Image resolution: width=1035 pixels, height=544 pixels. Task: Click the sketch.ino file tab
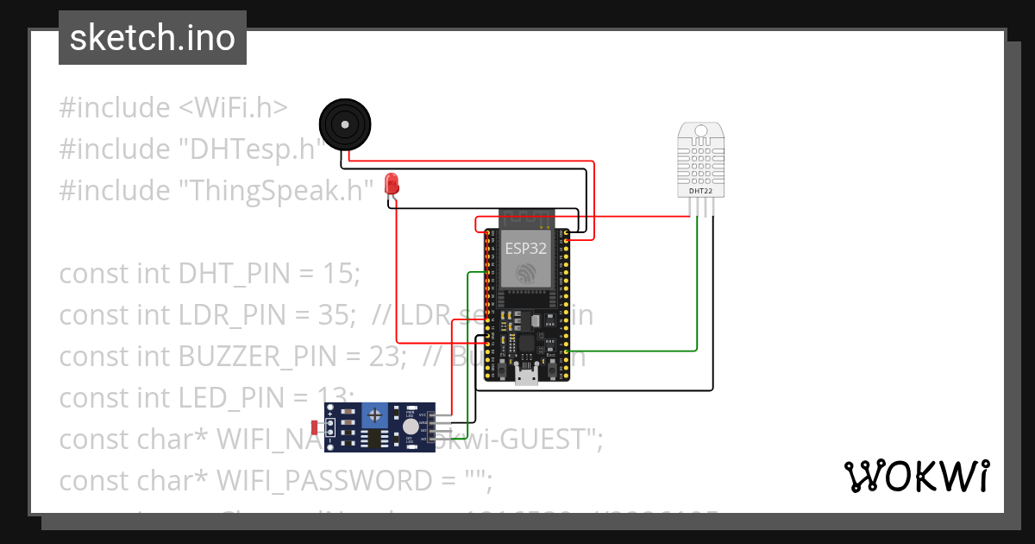tap(153, 38)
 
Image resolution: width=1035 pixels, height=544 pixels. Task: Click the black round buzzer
tap(345, 124)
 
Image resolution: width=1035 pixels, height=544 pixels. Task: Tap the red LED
tap(392, 183)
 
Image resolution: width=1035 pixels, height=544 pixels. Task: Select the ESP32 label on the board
tap(525, 248)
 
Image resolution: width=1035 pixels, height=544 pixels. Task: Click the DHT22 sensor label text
tap(699, 192)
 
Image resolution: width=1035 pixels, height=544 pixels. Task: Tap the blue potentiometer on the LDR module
tap(374, 416)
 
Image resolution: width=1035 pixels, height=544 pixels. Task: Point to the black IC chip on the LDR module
tap(373, 440)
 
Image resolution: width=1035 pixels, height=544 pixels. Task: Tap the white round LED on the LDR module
tap(411, 427)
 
